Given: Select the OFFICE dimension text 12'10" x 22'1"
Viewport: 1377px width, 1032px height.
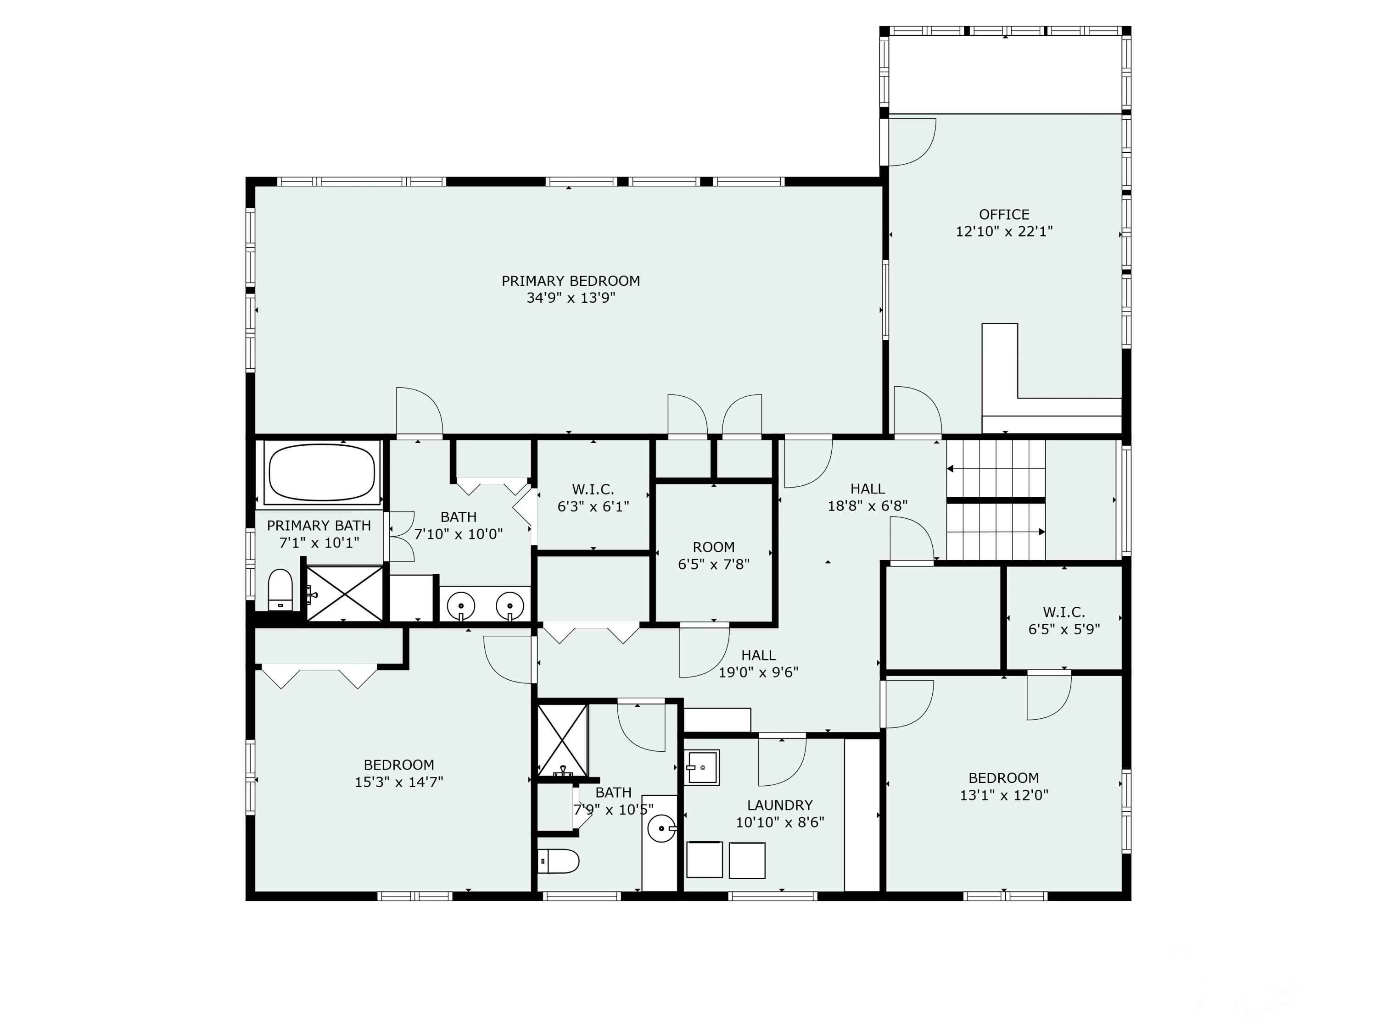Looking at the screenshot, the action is [1004, 232].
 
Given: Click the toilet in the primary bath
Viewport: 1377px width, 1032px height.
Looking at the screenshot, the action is [280, 590].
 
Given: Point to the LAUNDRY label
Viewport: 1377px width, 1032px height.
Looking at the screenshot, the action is [780, 805].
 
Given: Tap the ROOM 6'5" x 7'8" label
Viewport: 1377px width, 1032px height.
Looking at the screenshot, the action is [713, 555].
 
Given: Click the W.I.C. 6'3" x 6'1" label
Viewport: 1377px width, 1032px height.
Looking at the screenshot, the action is [593, 498].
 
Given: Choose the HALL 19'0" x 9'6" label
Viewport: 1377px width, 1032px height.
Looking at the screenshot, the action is [758, 664].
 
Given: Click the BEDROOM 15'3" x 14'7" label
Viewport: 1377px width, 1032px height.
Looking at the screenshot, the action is [399, 773].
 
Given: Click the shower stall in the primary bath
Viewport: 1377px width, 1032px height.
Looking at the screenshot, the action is [345, 594].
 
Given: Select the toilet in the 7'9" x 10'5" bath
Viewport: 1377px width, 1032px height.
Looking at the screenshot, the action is [559, 861].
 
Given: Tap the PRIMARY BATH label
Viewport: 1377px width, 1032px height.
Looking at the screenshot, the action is [319, 526].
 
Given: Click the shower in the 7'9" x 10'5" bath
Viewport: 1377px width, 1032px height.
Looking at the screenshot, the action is [562, 741].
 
